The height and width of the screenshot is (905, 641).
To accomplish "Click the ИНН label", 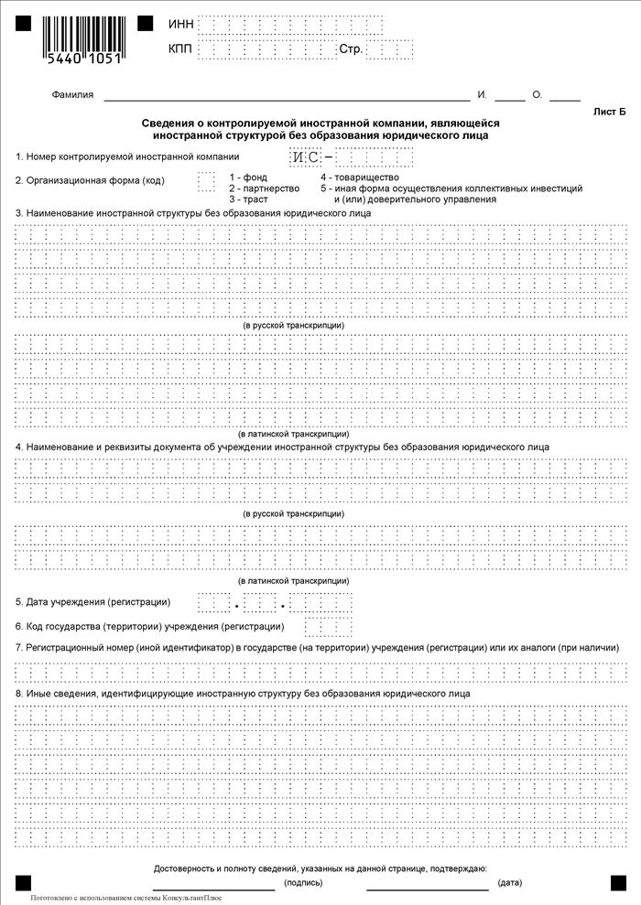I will [x=181, y=24].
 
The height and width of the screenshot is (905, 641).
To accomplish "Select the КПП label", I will [x=181, y=48].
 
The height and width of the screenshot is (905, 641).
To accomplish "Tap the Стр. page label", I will [x=351, y=48].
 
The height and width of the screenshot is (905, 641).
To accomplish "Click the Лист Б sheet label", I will [x=610, y=112].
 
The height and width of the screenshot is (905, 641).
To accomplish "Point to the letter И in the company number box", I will [x=299, y=157].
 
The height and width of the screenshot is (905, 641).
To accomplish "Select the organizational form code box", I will [x=206, y=180].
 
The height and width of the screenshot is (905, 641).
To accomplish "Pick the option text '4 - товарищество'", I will [x=359, y=177].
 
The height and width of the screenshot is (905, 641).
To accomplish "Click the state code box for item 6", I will [x=328, y=627].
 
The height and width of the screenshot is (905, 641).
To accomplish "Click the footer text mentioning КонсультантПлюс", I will [x=125, y=899].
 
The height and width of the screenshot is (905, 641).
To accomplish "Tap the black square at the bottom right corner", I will [x=618, y=880].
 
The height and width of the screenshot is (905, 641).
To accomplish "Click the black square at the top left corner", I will [x=23, y=23].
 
